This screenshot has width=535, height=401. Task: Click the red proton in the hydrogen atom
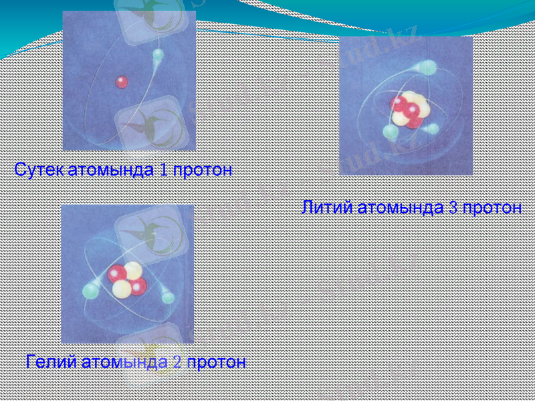pos(122,82)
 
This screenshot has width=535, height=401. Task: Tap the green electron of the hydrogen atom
pos(158,57)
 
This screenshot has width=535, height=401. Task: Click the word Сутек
pos(39,170)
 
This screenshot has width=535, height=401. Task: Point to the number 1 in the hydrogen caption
pos(164,170)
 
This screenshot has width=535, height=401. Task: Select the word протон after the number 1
pos(203,170)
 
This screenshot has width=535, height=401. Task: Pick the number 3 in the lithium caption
pos(453,208)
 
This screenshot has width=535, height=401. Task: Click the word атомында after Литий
pos(401,208)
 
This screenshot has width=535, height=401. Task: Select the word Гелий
pos(51,363)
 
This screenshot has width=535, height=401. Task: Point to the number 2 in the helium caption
pos(177,363)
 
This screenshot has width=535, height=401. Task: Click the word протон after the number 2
pos(216,363)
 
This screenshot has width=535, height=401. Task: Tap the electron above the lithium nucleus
pos(429,68)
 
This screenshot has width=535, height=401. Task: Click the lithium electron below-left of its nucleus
pos(389,132)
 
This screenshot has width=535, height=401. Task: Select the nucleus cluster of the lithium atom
pos(408,110)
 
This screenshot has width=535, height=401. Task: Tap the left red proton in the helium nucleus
pos(118,273)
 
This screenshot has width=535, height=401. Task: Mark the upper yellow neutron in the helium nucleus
pos(132,270)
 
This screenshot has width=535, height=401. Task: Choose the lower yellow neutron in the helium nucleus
pos(122,289)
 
